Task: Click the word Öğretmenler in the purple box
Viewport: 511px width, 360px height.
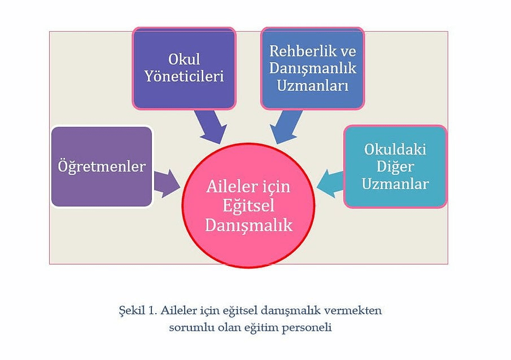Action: coord(102,166)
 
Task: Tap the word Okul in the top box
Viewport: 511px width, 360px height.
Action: coord(184,59)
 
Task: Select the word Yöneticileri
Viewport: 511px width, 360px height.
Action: coord(184,76)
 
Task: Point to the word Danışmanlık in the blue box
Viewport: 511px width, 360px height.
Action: coord(312,68)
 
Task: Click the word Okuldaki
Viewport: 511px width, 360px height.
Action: coord(395,150)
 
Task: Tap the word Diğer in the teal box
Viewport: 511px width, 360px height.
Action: coord(395,166)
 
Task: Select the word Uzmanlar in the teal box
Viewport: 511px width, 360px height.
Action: coord(395,183)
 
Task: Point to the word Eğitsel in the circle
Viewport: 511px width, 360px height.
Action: coord(248,205)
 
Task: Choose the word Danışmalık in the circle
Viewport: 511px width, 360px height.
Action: coord(248,225)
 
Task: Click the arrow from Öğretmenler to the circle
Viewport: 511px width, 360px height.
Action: coord(166,183)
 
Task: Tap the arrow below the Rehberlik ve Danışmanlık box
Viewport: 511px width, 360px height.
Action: coord(286,126)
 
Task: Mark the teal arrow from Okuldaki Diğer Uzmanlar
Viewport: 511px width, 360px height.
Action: coord(330,182)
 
